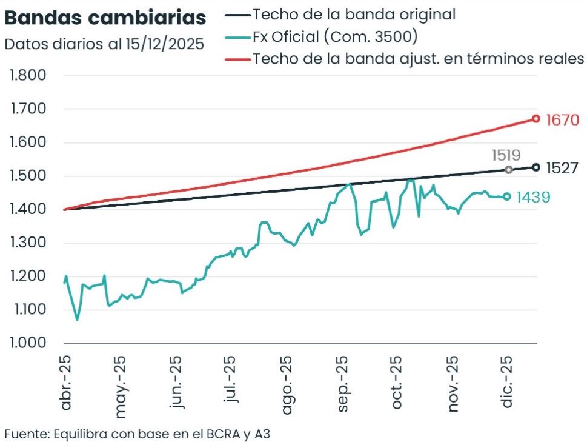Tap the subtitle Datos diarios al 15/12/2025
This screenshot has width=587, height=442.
coord(104,44)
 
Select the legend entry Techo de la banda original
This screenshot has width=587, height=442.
coord(354,14)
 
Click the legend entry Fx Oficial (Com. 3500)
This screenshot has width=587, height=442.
coord(335,36)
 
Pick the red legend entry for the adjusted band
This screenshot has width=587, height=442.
coord(418,58)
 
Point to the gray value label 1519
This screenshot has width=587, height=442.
coord(506,155)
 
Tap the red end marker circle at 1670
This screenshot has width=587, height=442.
coord(536,119)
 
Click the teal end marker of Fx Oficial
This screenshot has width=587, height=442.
coord(507,196)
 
